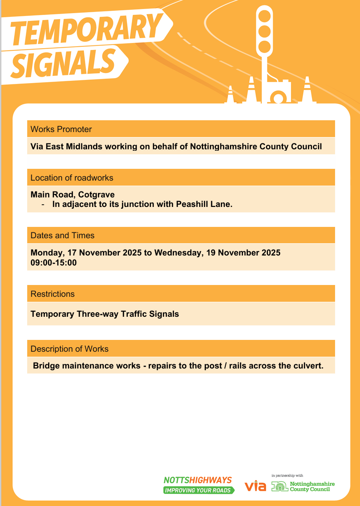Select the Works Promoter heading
click(x=61, y=129)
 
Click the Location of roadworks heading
click(x=72, y=177)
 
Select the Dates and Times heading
click(x=63, y=236)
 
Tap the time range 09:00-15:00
click(x=54, y=263)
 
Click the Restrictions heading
click(x=53, y=294)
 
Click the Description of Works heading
click(x=69, y=349)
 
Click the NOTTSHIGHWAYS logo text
click(x=197, y=480)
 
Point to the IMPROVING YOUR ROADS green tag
click(x=199, y=490)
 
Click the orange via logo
click(x=255, y=486)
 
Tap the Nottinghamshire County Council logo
click(x=303, y=486)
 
